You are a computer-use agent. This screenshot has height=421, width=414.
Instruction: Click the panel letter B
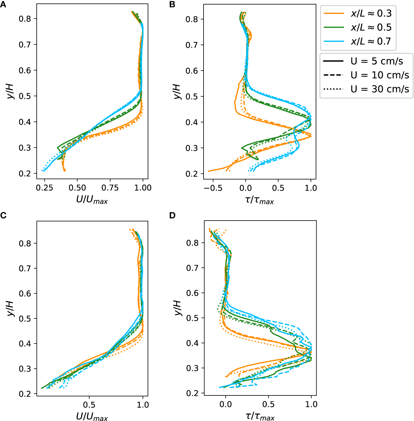coord(172,5)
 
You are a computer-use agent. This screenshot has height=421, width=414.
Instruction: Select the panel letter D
coord(172,215)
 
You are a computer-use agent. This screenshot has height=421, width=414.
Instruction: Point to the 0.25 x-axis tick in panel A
coord(44,188)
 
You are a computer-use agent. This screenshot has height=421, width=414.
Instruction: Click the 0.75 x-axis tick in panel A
coord(110,188)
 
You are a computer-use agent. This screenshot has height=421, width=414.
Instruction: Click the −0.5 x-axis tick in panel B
coord(213,188)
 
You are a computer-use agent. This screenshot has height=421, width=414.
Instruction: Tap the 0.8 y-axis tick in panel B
coord(191,19)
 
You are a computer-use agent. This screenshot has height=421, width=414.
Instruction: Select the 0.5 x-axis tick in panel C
coord(89,405)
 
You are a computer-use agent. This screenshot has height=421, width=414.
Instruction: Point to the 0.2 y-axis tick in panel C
coord(25,394)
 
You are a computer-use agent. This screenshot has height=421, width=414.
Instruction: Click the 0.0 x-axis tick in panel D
coord(225,404)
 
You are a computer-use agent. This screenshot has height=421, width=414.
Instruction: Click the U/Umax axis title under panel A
coord(92,200)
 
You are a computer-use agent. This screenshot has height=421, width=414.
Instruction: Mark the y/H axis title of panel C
coord(11,309)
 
